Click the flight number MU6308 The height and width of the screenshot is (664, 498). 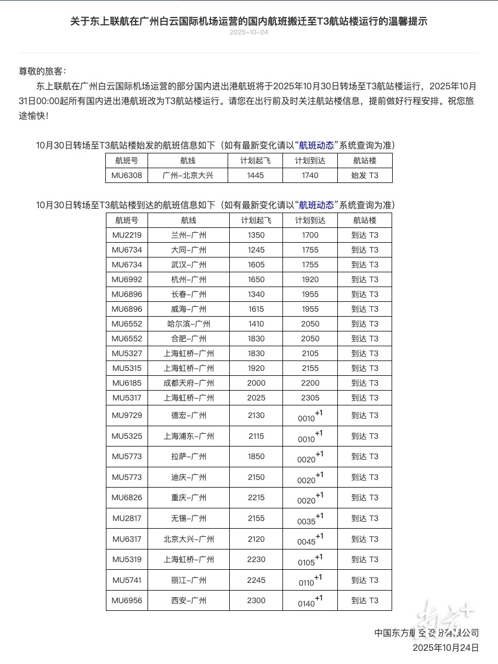(x=127, y=175)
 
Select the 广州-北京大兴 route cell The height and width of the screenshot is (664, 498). (x=188, y=175)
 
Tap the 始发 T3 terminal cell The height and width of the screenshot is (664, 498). (x=365, y=175)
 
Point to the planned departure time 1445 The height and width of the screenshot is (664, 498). (x=256, y=175)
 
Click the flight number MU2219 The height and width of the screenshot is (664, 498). (x=127, y=235)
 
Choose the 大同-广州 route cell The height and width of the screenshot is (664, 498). (x=188, y=250)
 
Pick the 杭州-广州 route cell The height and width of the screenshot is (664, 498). (x=188, y=279)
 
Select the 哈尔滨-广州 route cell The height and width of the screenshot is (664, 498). (x=188, y=324)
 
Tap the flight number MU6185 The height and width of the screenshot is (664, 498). (x=127, y=383)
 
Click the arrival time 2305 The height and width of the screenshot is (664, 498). (x=310, y=398)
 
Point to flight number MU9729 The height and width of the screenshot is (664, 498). (x=127, y=415)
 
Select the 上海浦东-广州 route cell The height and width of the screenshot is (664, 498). (x=188, y=436)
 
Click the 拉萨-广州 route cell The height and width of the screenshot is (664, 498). (x=188, y=456)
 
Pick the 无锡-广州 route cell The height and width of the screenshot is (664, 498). (x=188, y=518)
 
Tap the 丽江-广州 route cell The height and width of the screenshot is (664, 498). (x=188, y=580)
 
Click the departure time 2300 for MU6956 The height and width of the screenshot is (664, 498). (x=256, y=600)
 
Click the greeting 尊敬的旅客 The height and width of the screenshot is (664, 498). (x=42, y=71)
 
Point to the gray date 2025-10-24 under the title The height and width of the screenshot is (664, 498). (x=249, y=32)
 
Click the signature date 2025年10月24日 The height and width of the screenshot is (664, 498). (x=445, y=648)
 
